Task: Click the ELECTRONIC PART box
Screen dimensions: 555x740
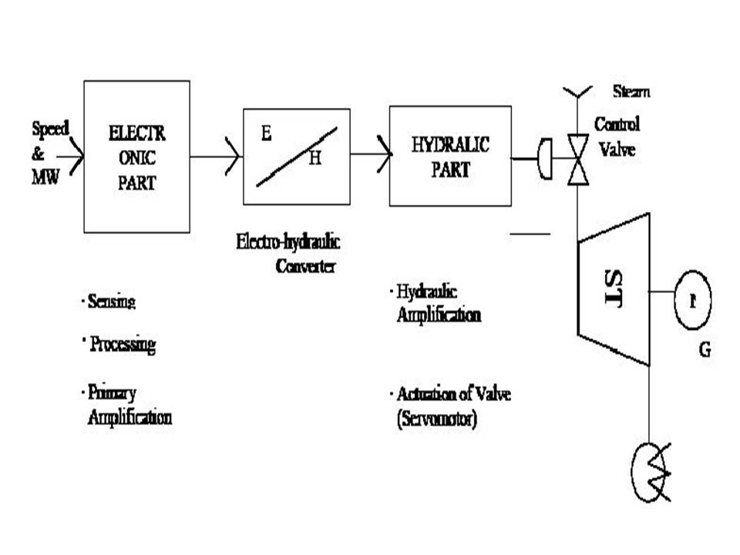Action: pyautogui.click(x=136, y=156)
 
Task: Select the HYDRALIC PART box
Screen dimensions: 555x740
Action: pyautogui.click(x=450, y=156)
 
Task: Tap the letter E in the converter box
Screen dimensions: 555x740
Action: pyautogui.click(x=266, y=133)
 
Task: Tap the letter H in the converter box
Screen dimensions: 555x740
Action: pyautogui.click(x=314, y=159)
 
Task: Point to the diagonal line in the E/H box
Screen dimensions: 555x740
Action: pyautogui.click(x=296, y=156)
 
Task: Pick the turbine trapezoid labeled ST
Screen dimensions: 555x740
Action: pyautogui.click(x=614, y=289)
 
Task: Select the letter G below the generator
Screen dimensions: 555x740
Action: pyautogui.click(x=704, y=350)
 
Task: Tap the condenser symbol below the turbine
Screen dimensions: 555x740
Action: pyautogui.click(x=651, y=470)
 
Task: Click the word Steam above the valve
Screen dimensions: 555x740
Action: pyautogui.click(x=631, y=92)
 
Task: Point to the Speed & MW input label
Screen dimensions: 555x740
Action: pyautogui.click(x=48, y=152)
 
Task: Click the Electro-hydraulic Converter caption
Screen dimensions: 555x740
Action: pyautogui.click(x=288, y=254)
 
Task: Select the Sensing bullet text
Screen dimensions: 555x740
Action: pyautogui.click(x=111, y=301)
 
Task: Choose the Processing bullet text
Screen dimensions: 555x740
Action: pyautogui.click(x=122, y=344)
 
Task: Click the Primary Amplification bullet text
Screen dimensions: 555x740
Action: pyautogui.click(x=128, y=405)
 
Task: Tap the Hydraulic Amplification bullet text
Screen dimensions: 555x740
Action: pyautogui.click(x=438, y=303)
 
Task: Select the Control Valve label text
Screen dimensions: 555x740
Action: pyautogui.click(x=616, y=136)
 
